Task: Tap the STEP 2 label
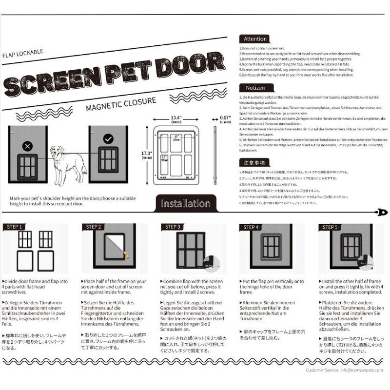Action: pyautogui.click(x=93, y=227)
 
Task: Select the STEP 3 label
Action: pyautogui.click(x=172, y=227)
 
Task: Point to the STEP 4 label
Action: pyautogui.click(x=251, y=227)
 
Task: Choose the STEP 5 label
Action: pyautogui.click(x=330, y=227)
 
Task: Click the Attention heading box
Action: pyautogui.click(x=255, y=39)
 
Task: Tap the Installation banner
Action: pyautogui.click(x=185, y=203)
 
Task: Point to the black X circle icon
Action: pyautogui.click(x=27, y=146)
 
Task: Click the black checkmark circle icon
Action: pyautogui.click(x=108, y=139)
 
